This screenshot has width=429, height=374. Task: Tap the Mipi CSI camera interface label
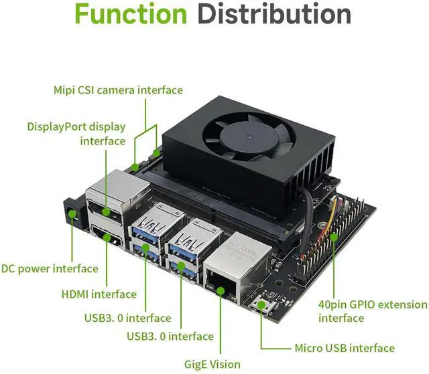(118, 90)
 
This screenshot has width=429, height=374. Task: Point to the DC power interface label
(50, 269)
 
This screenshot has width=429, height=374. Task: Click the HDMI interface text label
(99, 294)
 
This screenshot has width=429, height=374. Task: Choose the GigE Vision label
(212, 364)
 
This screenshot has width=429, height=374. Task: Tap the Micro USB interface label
(345, 348)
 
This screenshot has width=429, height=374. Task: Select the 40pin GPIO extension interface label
(372, 311)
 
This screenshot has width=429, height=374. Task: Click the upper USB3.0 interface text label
(127, 318)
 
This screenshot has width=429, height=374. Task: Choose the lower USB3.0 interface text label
(170, 336)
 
